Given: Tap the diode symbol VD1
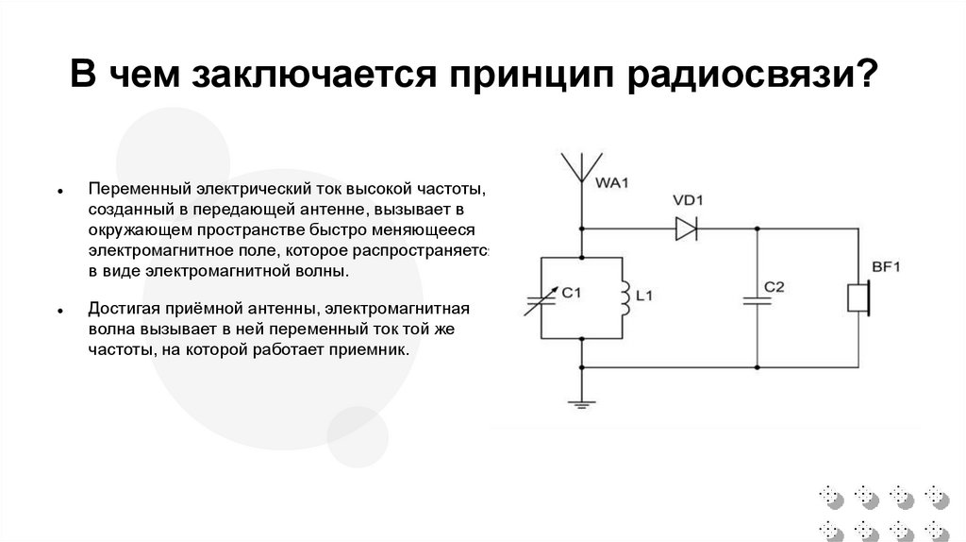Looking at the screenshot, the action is pos(686,228).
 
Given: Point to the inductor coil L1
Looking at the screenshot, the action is pos(624,297).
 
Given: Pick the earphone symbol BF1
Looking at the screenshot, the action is pos(858,298).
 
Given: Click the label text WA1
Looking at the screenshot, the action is pos(612,182).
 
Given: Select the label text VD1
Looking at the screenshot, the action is pos(690,200).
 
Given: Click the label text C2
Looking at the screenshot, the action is pos(774,286).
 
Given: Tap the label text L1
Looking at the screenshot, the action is pos(644,296).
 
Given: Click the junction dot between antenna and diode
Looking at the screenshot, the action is pos(582,229).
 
